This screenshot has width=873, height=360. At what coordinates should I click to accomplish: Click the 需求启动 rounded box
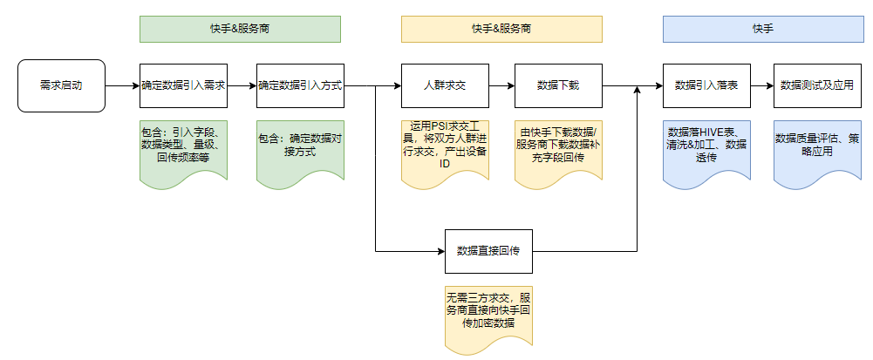[61, 85]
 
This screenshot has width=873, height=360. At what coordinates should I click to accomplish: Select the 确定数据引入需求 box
[183, 85]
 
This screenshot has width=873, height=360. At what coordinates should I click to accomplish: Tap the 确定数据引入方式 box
[299, 85]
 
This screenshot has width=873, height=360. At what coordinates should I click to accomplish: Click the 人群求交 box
[444, 85]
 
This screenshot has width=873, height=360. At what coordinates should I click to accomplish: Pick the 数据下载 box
[558, 85]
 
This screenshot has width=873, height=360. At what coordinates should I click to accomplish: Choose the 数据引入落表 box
[706, 85]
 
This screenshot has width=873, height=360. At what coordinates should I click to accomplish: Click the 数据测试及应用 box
[816, 85]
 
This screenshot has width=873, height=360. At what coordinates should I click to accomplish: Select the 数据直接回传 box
[488, 251]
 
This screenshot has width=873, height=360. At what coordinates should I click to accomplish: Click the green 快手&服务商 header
[240, 29]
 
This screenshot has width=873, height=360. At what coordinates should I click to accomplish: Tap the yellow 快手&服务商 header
[501, 29]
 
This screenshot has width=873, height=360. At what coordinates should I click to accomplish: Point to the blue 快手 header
[763, 29]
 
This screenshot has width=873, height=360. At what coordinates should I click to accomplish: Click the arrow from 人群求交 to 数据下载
[501, 85]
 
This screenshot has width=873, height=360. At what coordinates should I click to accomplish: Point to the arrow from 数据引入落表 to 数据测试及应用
[761, 85]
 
